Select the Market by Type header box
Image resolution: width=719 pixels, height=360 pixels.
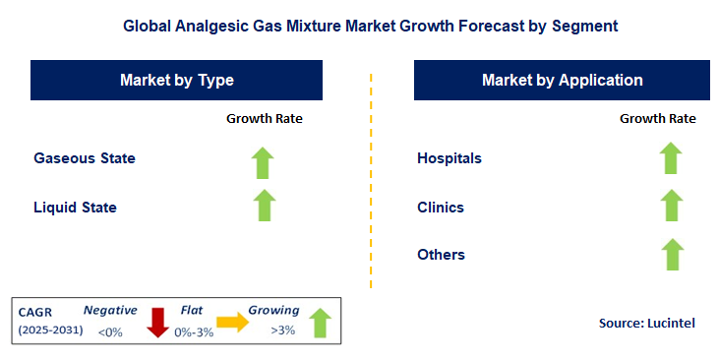(x=177, y=81)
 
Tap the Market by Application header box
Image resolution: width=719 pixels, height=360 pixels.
(x=562, y=81)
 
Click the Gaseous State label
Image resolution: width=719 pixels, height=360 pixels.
(x=85, y=158)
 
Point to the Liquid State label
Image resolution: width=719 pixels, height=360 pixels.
(x=75, y=208)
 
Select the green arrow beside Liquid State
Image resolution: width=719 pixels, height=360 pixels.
(x=264, y=207)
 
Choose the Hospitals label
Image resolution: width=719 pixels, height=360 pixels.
(x=449, y=158)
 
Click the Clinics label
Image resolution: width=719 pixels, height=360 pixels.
(x=441, y=208)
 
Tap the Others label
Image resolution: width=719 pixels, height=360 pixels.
(x=441, y=255)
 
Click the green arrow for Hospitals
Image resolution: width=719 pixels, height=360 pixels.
(x=671, y=158)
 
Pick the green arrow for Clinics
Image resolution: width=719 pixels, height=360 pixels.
(x=671, y=207)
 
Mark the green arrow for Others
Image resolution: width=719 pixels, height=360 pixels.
(x=671, y=254)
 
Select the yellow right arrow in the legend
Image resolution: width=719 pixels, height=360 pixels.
(x=233, y=322)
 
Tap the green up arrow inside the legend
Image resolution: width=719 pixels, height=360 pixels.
(x=320, y=323)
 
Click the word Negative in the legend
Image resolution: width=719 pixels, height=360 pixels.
(x=110, y=309)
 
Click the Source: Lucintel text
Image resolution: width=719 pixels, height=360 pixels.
(x=646, y=323)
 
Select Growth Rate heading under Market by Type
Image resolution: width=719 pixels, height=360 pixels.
(x=265, y=119)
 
